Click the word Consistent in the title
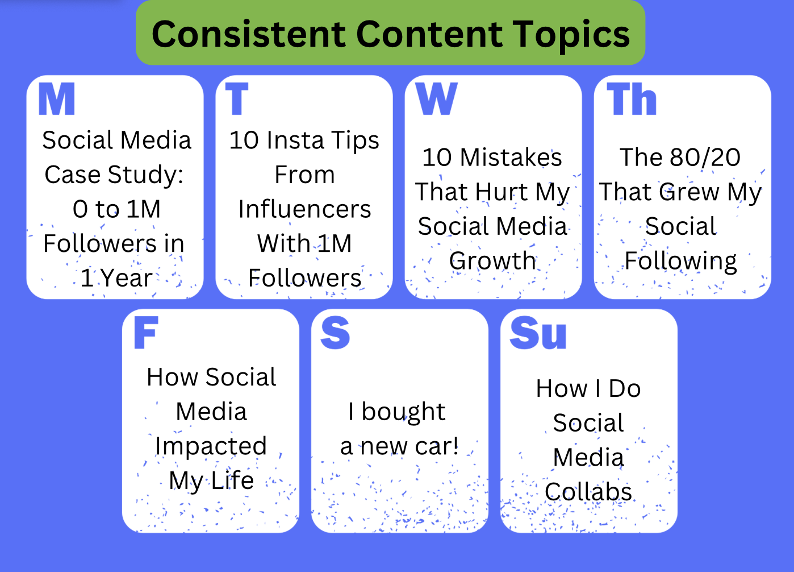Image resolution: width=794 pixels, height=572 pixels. click(248, 34)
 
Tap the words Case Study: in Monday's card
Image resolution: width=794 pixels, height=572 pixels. click(114, 175)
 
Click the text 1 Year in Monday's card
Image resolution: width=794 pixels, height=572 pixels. click(116, 278)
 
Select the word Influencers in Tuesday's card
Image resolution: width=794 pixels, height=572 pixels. click(304, 209)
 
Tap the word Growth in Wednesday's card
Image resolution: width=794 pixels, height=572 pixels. click(492, 261)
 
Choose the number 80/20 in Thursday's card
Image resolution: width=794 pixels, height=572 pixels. click(705, 157)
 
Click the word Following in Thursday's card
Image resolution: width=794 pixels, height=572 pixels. click(680, 262)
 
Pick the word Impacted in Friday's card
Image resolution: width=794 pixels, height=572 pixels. click(211, 447)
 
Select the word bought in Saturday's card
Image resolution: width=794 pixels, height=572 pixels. click(403, 413)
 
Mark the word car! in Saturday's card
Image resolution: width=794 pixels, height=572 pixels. click(437, 446)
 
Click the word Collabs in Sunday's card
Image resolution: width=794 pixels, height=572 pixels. click(588, 492)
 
